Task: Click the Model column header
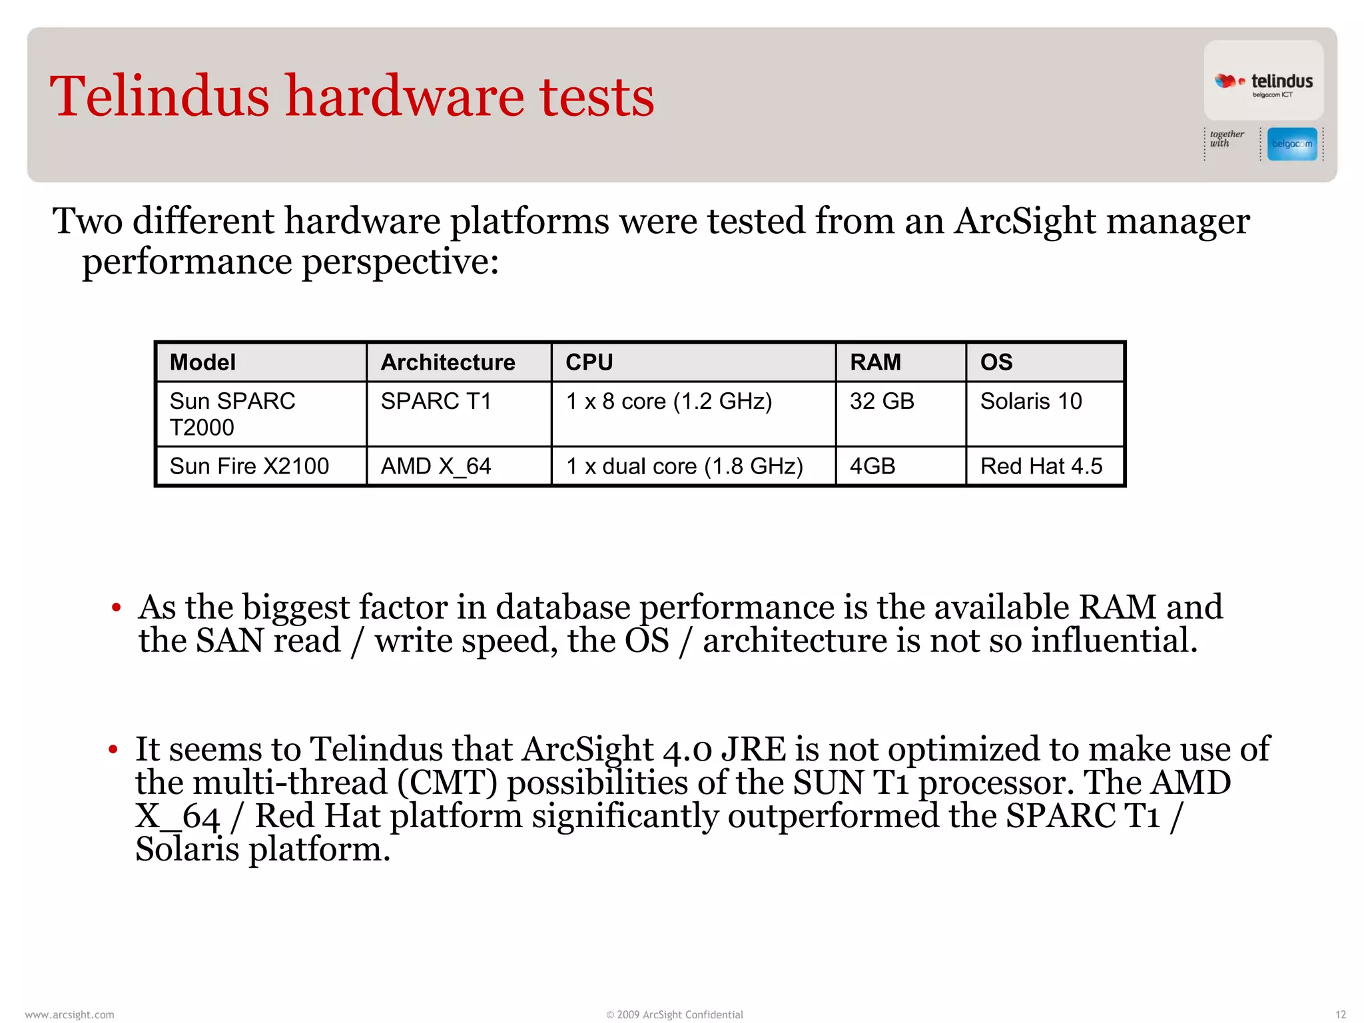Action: (202, 362)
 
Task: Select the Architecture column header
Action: (448, 362)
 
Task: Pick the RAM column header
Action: (875, 362)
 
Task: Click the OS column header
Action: (996, 362)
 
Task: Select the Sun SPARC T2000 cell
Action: (232, 414)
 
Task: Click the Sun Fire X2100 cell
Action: (249, 466)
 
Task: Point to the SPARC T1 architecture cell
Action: (436, 402)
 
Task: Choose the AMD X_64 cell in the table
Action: (436, 466)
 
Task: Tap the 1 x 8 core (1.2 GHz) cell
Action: (669, 402)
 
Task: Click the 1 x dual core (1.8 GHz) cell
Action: (685, 466)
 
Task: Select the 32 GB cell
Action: (882, 402)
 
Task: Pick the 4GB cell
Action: (872, 466)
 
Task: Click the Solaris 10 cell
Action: (1031, 402)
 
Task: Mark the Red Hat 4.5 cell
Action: (1042, 466)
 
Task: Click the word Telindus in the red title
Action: (160, 97)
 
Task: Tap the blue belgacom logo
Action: (1292, 144)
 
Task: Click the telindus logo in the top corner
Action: (1263, 81)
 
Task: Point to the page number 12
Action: (1341, 1014)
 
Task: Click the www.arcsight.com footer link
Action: (69, 1014)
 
